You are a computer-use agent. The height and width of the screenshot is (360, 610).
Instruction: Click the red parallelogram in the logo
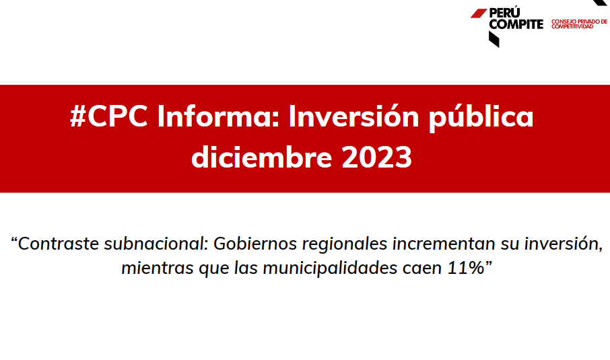(479, 13)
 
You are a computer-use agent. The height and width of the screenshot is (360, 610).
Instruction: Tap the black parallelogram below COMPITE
(494, 39)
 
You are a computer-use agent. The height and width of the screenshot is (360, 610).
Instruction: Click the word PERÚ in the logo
(504, 12)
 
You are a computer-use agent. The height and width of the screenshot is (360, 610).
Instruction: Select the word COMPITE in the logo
(516, 24)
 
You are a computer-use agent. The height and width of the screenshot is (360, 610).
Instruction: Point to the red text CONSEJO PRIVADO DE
(579, 22)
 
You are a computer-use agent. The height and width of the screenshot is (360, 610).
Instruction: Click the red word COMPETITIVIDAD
(572, 26)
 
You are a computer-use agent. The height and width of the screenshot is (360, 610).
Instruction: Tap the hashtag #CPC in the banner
(109, 116)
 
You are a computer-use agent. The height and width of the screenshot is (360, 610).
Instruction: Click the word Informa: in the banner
(218, 116)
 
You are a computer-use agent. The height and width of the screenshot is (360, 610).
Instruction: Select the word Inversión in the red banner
(353, 116)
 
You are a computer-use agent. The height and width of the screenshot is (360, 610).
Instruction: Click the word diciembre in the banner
(261, 157)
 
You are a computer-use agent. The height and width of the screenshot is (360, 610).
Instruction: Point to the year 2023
(376, 157)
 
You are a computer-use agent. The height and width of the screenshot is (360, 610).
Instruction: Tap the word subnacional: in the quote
(157, 244)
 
